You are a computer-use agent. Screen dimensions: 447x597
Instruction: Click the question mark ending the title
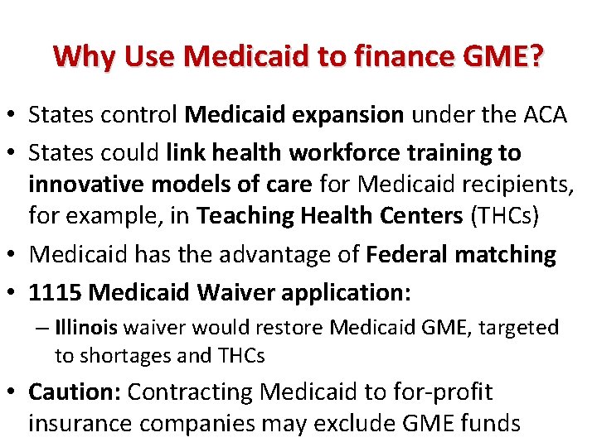[x=536, y=57]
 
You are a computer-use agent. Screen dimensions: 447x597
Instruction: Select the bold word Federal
[x=415, y=255]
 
